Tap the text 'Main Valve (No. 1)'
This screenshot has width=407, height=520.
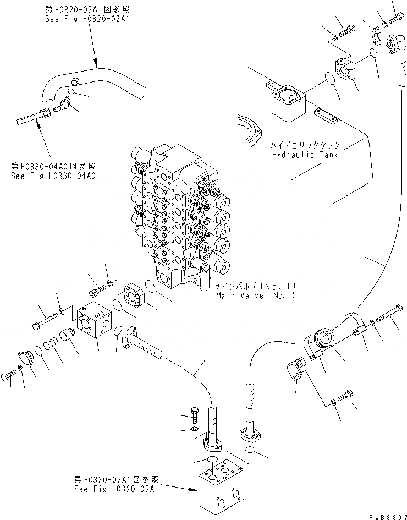point(256,295)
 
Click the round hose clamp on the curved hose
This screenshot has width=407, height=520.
point(322,341)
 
